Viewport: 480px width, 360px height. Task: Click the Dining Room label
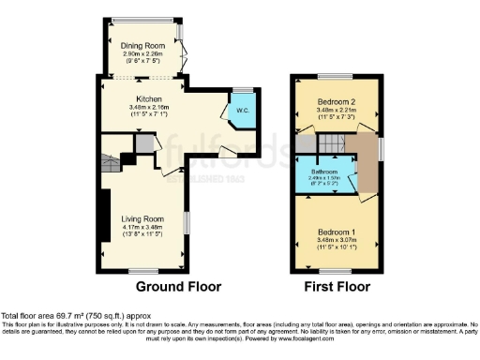coord(143,46)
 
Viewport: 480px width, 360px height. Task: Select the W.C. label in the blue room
coord(242,111)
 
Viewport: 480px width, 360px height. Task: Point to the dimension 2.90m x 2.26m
coord(143,53)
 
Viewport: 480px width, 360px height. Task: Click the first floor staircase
coord(329,143)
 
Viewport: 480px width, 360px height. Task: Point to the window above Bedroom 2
coord(333,76)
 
